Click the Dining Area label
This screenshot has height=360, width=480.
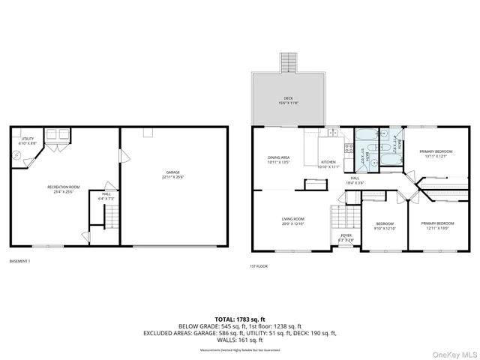point(279,160)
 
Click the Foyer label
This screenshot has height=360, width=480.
point(346,237)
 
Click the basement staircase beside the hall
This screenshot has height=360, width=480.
point(110,218)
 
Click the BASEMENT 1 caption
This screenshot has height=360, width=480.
point(20,261)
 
